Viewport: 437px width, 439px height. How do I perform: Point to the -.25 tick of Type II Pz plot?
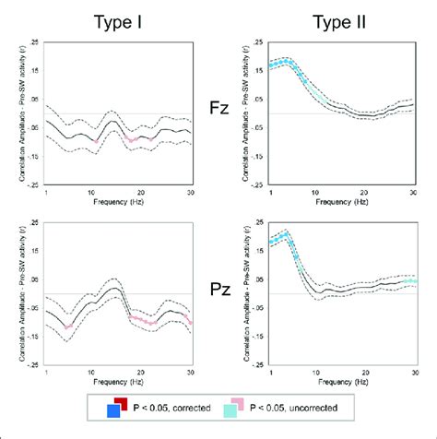coord(259,363)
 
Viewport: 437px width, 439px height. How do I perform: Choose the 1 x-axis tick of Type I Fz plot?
coord(46,191)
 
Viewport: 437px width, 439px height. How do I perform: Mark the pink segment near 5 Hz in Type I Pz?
coord(67,326)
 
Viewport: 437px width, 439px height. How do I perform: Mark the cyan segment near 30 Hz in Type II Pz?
coord(410,280)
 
